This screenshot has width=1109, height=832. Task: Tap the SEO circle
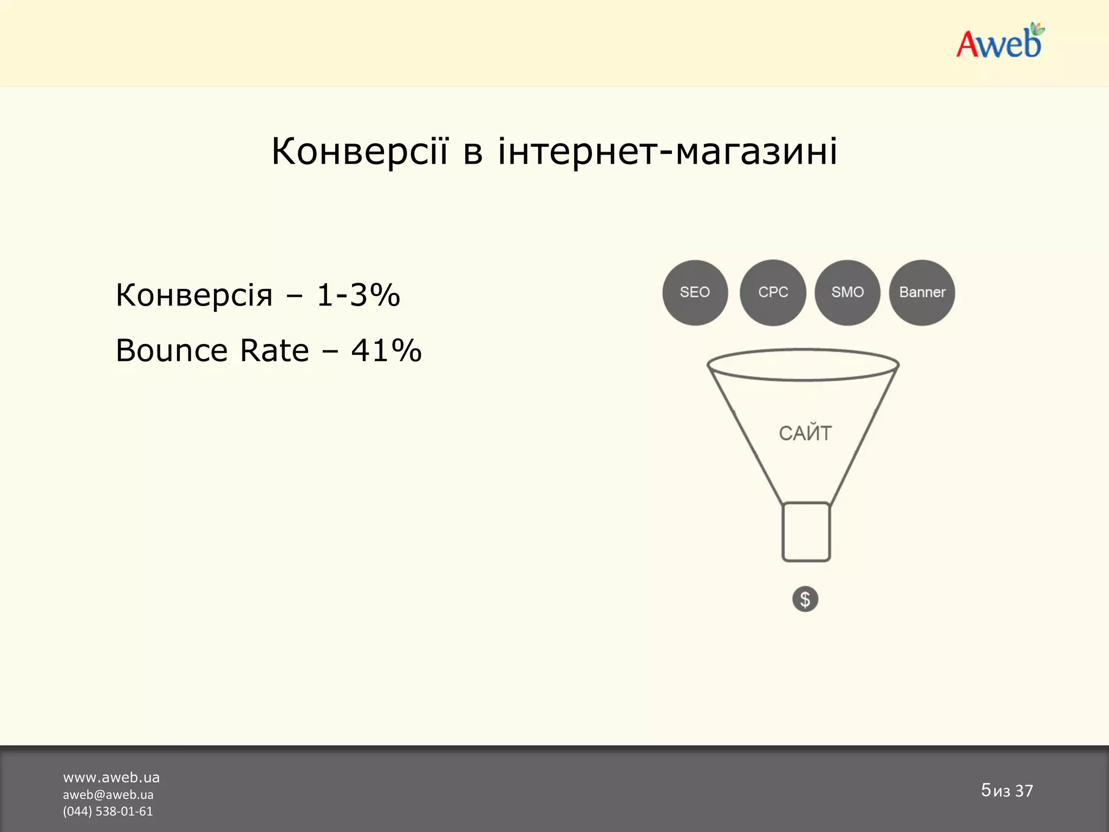tap(695, 292)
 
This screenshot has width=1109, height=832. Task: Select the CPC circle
tap(773, 292)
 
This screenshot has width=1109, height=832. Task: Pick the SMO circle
tap(847, 292)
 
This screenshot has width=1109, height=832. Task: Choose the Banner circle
tap(922, 292)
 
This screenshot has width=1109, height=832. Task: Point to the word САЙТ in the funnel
tap(805, 433)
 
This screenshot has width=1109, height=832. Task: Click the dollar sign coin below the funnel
tap(805, 599)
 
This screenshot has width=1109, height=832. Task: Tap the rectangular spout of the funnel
tap(806, 532)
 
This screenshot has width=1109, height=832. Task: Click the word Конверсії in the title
tap(360, 151)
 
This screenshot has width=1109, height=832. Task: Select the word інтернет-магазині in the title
tap(667, 151)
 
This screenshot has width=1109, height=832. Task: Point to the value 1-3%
tap(358, 295)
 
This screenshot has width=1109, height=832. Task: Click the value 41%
tap(386, 350)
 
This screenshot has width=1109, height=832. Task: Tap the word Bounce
tap(172, 350)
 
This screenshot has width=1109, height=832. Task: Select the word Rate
tap(274, 350)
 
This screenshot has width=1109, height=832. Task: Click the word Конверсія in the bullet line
tap(194, 295)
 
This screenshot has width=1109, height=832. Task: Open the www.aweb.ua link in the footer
tap(111, 778)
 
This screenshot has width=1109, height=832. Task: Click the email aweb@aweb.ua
tap(108, 795)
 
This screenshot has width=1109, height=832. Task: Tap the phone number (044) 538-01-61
tap(108, 811)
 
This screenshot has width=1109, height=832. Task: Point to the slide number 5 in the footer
tap(986, 790)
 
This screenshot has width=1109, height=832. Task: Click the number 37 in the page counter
tap(1024, 791)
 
